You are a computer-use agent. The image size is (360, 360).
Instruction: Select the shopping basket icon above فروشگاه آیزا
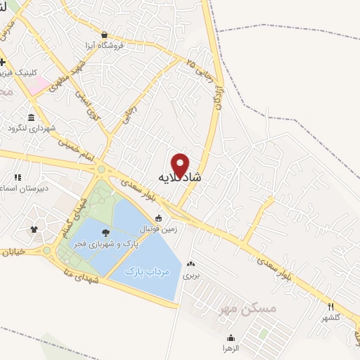pos(104,34)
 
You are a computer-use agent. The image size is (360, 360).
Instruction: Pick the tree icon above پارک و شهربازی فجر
pos(105,232)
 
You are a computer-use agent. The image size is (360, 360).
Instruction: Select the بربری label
pos(191,275)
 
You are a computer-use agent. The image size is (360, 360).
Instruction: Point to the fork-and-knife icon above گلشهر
pos(330,306)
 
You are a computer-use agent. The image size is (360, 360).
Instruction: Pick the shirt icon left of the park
pos(32,229)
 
